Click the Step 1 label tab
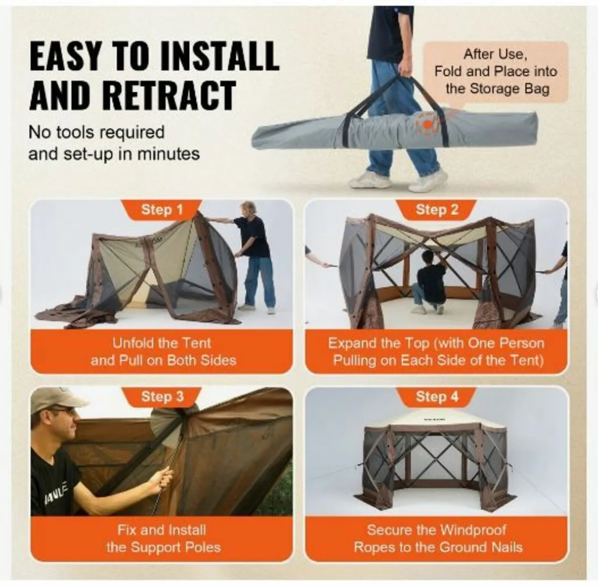(x=162, y=210)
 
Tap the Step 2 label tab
(x=437, y=210)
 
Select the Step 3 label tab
(x=162, y=397)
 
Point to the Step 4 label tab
(x=437, y=397)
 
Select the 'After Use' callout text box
(x=496, y=71)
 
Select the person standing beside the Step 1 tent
(x=255, y=254)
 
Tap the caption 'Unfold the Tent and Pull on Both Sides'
(x=162, y=351)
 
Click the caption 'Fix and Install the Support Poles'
(x=162, y=538)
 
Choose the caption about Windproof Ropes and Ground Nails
(x=438, y=538)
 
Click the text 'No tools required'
(x=96, y=133)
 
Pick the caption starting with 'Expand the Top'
(x=438, y=351)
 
